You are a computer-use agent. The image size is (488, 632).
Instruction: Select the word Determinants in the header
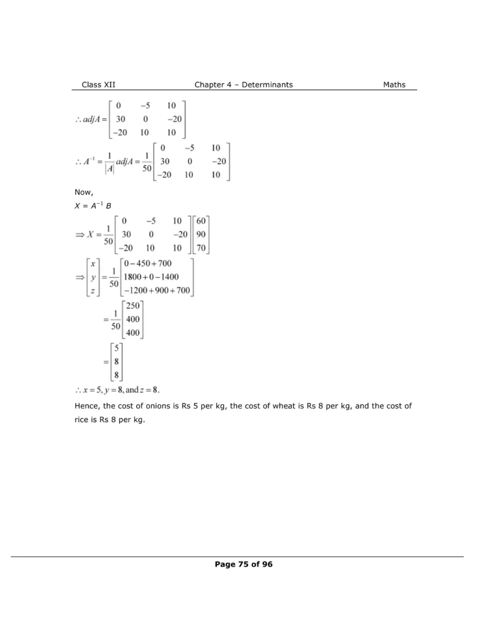coord(267,85)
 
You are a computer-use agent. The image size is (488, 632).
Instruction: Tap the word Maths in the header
coord(394,85)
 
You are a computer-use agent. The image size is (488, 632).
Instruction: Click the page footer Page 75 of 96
coord(243,563)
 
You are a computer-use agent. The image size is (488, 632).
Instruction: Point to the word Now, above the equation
coord(84,193)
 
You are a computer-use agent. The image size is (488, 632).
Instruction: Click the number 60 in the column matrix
coord(202,220)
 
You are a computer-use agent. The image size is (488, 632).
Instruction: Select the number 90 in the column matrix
coord(202,235)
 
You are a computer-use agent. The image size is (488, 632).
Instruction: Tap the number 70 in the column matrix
coord(202,249)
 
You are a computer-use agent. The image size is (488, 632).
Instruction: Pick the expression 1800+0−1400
coord(152,277)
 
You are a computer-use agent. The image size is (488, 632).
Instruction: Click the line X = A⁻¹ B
coord(92,206)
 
